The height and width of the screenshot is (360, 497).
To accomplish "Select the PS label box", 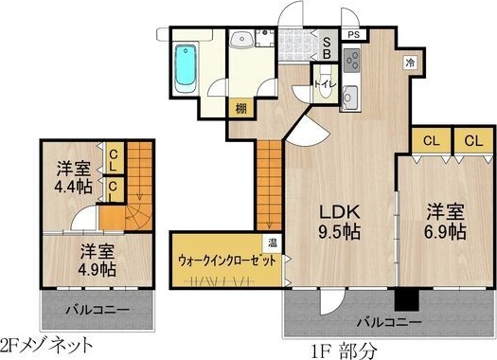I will (x=352, y=34).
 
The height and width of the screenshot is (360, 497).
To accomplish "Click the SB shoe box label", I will (x=328, y=46).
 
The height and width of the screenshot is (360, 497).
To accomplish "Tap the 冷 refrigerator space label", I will (x=410, y=63).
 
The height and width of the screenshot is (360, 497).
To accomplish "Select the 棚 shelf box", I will (x=241, y=108).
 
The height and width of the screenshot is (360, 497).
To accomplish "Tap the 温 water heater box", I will (x=271, y=243).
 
